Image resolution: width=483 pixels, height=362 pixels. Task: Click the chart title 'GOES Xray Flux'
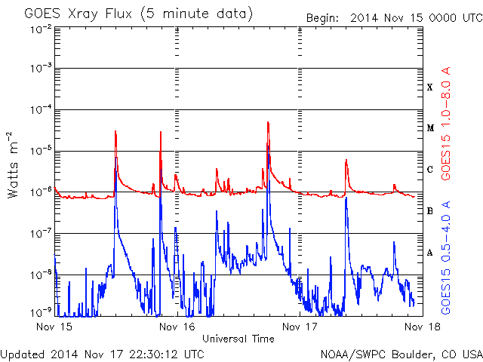[x=78, y=14]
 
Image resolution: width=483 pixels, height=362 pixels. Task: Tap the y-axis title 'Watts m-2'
[x=13, y=165]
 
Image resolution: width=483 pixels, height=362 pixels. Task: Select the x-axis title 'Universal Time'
[x=238, y=339]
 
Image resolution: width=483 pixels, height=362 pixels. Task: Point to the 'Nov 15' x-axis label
[x=54, y=327]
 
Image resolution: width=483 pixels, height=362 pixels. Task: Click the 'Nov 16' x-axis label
[x=177, y=327]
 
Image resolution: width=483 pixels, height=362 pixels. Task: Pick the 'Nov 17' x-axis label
[x=300, y=327]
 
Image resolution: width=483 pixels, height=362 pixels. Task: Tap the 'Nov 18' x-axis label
[x=423, y=327]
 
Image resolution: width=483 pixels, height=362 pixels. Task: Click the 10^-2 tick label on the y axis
[x=41, y=30]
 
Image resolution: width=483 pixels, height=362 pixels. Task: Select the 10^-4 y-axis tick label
[x=41, y=109]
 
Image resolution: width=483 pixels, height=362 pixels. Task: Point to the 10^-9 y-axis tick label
[x=41, y=313]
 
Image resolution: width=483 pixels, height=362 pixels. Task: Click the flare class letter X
[x=430, y=87]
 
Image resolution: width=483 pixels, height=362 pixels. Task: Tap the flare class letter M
[x=430, y=128]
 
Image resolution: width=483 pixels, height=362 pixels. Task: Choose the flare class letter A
[x=430, y=253]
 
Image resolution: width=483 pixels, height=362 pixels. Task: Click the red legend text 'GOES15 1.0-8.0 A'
[x=446, y=123]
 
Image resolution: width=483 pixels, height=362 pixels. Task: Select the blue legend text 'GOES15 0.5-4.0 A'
[x=446, y=258]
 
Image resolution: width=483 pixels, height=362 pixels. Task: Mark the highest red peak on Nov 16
[x=268, y=122]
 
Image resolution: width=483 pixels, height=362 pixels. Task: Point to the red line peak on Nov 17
[x=346, y=159]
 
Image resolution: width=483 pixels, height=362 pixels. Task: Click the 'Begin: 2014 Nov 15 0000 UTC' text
[x=394, y=18]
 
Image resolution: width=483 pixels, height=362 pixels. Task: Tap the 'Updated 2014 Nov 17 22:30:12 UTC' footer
[x=103, y=354]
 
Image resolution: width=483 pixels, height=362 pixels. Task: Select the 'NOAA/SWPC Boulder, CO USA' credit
[x=401, y=354]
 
